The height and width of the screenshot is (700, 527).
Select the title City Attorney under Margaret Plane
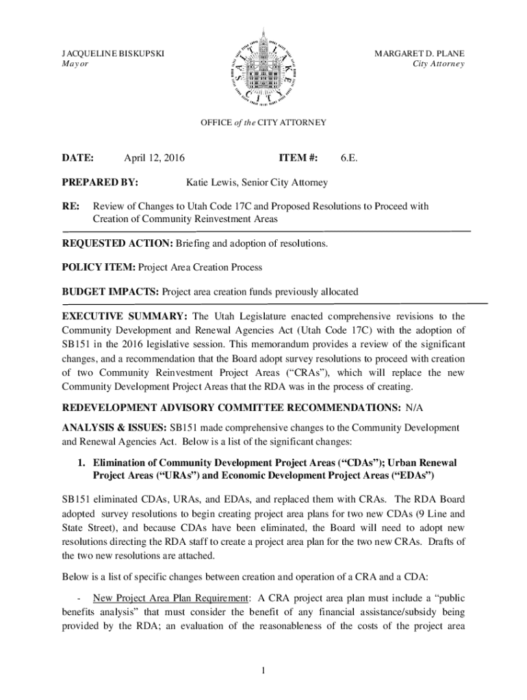pyautogui.click(x=439, y=64)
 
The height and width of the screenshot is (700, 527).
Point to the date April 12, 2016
pyautogui.click(x=154, y=159)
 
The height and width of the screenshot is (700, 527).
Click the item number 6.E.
pyautogui.click(x=348, y=159)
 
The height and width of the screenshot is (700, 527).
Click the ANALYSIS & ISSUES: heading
pyautogui.click(x=114, y=427)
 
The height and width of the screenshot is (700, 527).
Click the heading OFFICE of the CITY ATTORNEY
pyautogui.click(x=263, y=123)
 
